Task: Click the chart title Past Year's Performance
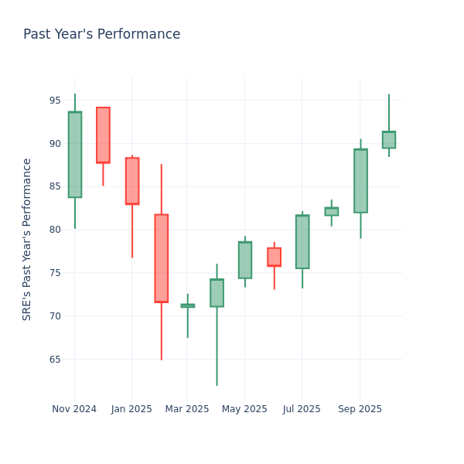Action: click(x=101, y=35)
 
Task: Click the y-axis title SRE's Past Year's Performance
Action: click(x=27, y=239)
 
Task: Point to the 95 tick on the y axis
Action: click(x=55, y=101)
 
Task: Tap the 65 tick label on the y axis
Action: click(x=55, y=359)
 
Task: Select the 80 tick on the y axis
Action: click(x=55, y=230)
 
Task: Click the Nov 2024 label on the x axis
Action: click(x=74, y=409)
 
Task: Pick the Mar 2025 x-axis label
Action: click(x=187, y=409)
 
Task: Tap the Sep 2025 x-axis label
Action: click(x=360, y=409)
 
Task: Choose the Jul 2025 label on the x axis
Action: click(x=302, y=409)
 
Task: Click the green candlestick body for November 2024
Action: click(x=74, y=155)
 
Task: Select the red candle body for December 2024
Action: click(x=103, y=135)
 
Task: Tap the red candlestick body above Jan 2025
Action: click(x=132, y=181)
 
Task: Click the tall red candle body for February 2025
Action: click(x=161, y=258)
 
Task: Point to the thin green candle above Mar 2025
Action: click(x=187, y=305)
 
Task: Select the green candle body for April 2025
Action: click(x=217, y=293)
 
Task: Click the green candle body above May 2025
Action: click(x=244, y=260)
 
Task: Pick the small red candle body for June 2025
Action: click(x=274, y=257)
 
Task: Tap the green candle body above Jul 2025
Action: click(x=302, y=242)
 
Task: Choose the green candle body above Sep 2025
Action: click(x=360, y=181)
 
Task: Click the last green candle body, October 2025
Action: click(x=389, y=140)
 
